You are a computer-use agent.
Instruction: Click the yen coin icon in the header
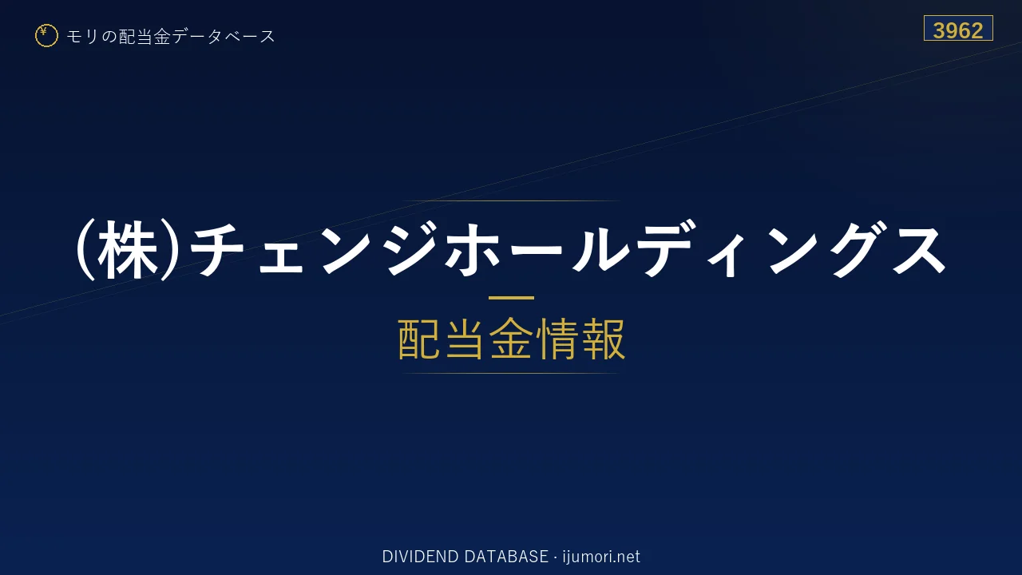[46, 36]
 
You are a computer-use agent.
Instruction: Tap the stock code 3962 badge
[958, 28]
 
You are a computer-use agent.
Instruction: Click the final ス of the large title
[919, 251]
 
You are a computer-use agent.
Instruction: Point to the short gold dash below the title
[511, 298]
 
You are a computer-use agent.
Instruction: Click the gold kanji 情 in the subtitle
[557, 339]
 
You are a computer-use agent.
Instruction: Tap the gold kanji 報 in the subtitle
[603, 339]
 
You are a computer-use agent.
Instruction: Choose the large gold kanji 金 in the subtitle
[511, 339]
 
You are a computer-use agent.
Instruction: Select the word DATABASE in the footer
[506, 557]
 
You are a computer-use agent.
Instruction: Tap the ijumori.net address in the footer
[601, 557]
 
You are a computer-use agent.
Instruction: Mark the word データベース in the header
[224, 36]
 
